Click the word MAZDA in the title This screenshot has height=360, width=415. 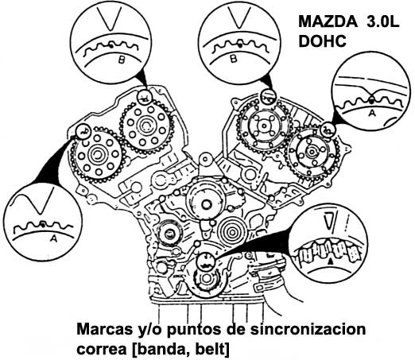[x=328, y=21]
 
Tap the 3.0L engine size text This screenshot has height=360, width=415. [x=383, y=21]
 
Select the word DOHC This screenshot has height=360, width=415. [x=323, y=41]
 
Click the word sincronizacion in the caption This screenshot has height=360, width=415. [x=308, y=329]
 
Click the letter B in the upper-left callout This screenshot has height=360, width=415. [x=121, y=60]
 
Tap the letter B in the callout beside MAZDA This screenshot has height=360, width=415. [x=234, y=58]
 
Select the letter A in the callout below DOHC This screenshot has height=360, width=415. [x=372, y=113]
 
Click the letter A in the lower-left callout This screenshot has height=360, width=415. [x=53, y=238]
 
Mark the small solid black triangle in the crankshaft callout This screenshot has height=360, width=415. [x=330, y=261]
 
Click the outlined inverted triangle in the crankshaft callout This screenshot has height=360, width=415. [x=330, y=220]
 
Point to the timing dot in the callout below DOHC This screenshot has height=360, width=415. [x=372, y=100]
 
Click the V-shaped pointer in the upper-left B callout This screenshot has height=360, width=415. [x=109, y=18]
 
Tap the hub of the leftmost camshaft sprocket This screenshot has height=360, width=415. [x=97, y=154]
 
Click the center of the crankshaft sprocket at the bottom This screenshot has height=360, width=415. [x=206, y=278]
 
